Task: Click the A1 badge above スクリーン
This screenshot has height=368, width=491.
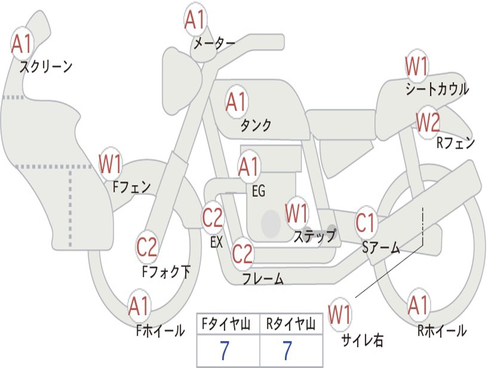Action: pos(22,44)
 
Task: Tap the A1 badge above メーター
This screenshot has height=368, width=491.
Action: pos(195,20)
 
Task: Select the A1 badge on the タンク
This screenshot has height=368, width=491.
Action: pos(236,102)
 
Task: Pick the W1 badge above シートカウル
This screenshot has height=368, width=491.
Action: pos(416,66)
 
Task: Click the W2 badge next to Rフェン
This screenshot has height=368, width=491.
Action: pos(427,123)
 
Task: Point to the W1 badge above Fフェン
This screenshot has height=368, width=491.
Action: pos(110,164)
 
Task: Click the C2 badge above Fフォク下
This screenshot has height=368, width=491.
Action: pos(147,247)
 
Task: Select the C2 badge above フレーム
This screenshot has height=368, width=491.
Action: pos(242,253)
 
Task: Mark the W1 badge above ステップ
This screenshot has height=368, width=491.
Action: pos(297,214)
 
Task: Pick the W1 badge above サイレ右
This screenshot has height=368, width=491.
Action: pos(339,315)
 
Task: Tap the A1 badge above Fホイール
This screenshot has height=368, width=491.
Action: pos(139,306)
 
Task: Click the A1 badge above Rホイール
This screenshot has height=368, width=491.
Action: pos(418,305)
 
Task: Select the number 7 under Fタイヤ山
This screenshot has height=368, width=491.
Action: pos(224,351)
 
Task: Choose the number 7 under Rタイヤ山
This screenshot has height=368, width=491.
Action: pos(287,351)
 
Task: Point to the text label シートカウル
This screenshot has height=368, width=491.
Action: pos(437,89)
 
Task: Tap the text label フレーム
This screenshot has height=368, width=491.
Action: pos(263,278)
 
